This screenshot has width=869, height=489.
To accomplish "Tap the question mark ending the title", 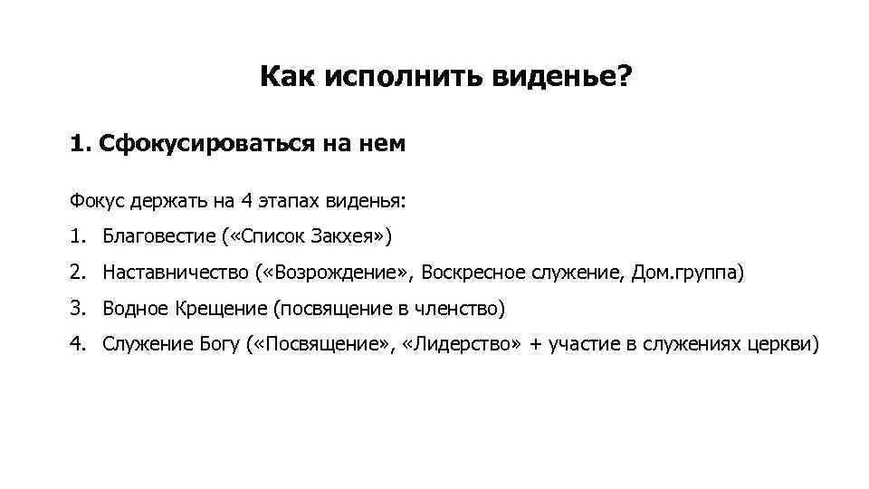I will point(625,78).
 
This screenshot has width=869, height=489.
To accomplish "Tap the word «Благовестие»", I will point(158,237).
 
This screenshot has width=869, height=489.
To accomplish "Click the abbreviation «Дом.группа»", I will point(684,273).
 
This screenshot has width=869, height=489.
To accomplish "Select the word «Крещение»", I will point(221,309).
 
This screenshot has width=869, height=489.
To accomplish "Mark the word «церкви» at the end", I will point(784,345).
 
